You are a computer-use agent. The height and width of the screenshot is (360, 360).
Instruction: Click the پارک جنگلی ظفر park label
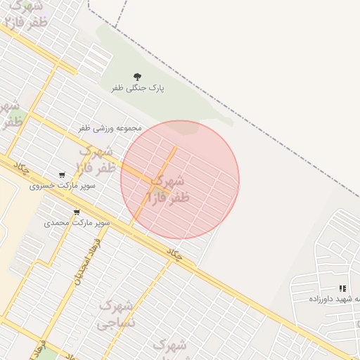[138, 88]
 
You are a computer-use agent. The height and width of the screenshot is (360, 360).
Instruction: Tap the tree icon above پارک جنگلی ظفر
[137, 77]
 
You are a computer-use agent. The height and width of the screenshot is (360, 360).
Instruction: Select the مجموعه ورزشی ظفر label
[110, 128]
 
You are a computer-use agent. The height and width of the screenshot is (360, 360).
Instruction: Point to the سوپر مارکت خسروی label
[63, 186]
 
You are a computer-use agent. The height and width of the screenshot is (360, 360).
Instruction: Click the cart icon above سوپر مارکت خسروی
[62, 175]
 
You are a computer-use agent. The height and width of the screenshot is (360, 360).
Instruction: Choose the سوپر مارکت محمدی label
[77, 222]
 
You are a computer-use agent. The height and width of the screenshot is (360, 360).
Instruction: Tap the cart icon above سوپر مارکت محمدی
[77, 212]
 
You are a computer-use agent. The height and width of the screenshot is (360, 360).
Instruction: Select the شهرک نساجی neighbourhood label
[115, 315]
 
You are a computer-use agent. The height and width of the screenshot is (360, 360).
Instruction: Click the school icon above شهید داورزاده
[342, 288]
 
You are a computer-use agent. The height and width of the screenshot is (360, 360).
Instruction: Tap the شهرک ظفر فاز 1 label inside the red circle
[169, 189]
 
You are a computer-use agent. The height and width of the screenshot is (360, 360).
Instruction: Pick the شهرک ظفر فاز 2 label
[96, 160]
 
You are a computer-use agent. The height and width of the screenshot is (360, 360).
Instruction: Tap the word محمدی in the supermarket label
[57, 222]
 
